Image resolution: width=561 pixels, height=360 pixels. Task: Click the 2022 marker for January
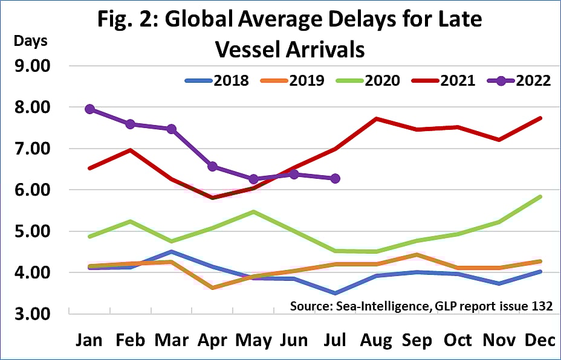[x=89, y=109]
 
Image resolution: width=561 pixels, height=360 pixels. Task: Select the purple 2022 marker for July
[x=335, y=178]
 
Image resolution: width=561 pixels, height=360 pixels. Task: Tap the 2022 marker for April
[x=212, y=166]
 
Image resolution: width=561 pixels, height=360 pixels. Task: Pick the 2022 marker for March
[x=171, y=129]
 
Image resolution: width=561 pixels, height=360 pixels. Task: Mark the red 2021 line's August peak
[x=376, y=118]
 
